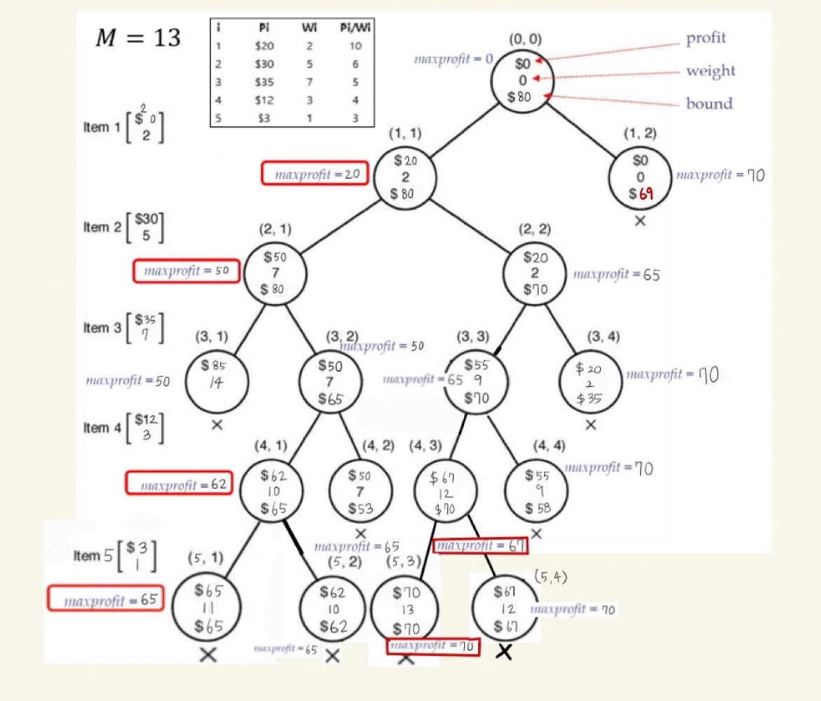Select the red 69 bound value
646,194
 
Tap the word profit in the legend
706,38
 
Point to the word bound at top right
709,104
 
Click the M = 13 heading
137,38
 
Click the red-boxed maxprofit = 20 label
315,174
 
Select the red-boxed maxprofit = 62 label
179,484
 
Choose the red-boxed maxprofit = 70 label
433,646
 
